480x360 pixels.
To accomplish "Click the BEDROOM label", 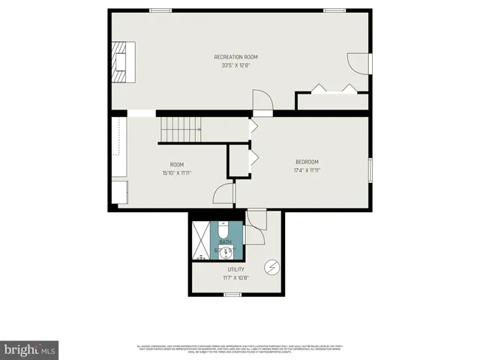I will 307,162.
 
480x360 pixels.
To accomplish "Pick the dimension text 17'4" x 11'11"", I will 307,171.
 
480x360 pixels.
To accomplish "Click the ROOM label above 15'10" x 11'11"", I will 177,164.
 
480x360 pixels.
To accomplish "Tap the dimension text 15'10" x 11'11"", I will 177,173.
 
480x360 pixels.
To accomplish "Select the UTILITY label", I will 236,268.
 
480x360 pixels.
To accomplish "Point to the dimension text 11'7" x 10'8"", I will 236,277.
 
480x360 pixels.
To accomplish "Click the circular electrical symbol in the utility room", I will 271,266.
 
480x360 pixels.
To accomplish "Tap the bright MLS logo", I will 30,349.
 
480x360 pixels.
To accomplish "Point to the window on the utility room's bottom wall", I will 232,294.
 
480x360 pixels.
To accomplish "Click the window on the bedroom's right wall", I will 370,169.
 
